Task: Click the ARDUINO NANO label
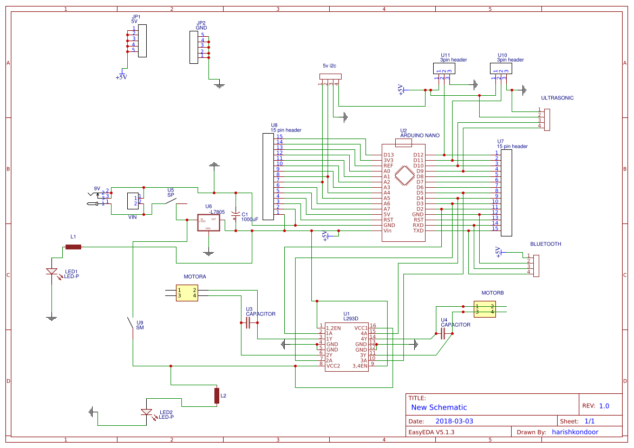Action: tap(420, 136)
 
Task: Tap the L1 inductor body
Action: tap(73, 247)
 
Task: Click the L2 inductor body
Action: tap(217, 396)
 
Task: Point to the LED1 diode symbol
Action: tap(51, 272)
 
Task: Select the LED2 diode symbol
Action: tap(146, 412)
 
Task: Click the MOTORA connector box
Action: tap(187, 293)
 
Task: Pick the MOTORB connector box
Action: tap(485, 309)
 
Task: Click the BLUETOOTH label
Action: tap(545, 244)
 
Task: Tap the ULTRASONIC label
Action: tap(557, 98)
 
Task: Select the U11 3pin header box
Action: tap(444, 69)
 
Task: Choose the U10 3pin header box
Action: tap(501, 69)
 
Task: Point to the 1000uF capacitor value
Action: tap(250, 220)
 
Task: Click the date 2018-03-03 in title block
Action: tap(454, 421)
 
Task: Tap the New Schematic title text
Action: tap(439, 407)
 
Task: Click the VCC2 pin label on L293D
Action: tap(333, 366)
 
